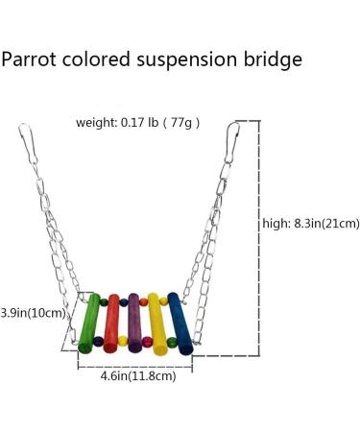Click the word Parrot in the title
pos(29,60)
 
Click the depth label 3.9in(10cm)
pos(33,312)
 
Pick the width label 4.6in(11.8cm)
pos(137,376)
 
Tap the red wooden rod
pos(112,322)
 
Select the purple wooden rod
pos(134,322)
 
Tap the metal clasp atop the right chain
pos(233,139)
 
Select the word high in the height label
pos(276,224)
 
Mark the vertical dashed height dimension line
pos(258,240)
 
